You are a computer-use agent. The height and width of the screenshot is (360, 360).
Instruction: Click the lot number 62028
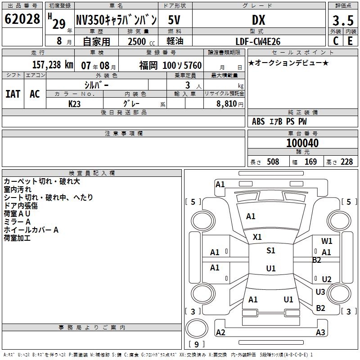point(22,19)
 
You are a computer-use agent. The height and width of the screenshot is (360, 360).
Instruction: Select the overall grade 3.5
point(343,20)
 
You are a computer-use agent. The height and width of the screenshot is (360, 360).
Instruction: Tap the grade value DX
point(258,20)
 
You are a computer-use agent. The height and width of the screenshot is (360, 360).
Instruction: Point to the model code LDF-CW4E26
point(258,41)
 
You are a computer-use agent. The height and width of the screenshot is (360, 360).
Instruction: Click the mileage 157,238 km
point(53,65)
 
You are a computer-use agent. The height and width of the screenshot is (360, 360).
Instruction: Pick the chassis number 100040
point(302,143)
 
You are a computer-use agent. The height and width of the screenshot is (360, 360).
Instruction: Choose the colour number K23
point(74,104)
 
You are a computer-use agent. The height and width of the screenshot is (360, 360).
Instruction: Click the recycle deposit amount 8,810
point(227,104)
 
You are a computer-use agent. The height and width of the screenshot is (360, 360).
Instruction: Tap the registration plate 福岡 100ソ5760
point(171,65)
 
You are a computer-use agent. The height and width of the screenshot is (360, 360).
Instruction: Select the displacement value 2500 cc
point(141,41)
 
